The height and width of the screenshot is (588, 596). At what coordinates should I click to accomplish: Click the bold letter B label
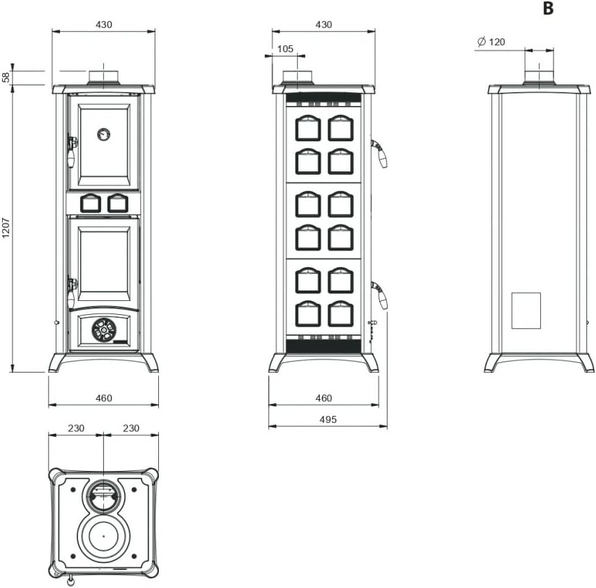(x=548, y=8)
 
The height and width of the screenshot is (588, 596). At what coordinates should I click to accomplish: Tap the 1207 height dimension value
(x=6, y=228)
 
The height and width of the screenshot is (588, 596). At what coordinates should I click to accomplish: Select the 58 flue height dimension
(x=6, y=77)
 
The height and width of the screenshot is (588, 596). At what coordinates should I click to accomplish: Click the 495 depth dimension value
(x=328, y=419)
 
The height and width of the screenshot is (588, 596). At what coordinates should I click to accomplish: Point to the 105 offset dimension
(x=285, y=49)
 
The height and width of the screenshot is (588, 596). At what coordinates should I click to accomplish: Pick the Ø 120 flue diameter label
(x=491, y=41)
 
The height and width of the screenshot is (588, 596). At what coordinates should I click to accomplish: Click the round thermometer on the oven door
(x=103, y=134)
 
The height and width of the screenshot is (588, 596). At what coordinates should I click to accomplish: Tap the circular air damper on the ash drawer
(x=104, y=330)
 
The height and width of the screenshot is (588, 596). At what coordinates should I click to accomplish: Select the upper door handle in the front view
(x=72, y=150)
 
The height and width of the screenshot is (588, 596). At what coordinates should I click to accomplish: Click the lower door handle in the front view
(x=72, y=291)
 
